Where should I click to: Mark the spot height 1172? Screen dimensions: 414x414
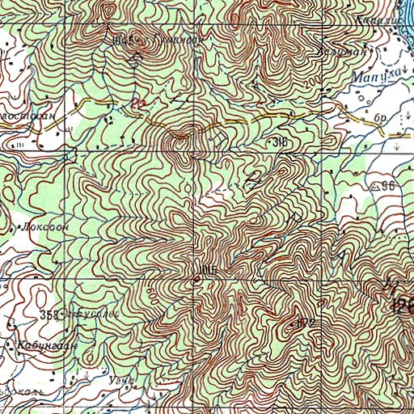coord(305,323)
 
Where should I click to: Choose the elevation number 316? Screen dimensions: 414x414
coord(280,142)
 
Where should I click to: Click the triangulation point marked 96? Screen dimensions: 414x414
coord(387,186)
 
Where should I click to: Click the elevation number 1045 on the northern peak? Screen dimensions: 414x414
coord(124,40)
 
